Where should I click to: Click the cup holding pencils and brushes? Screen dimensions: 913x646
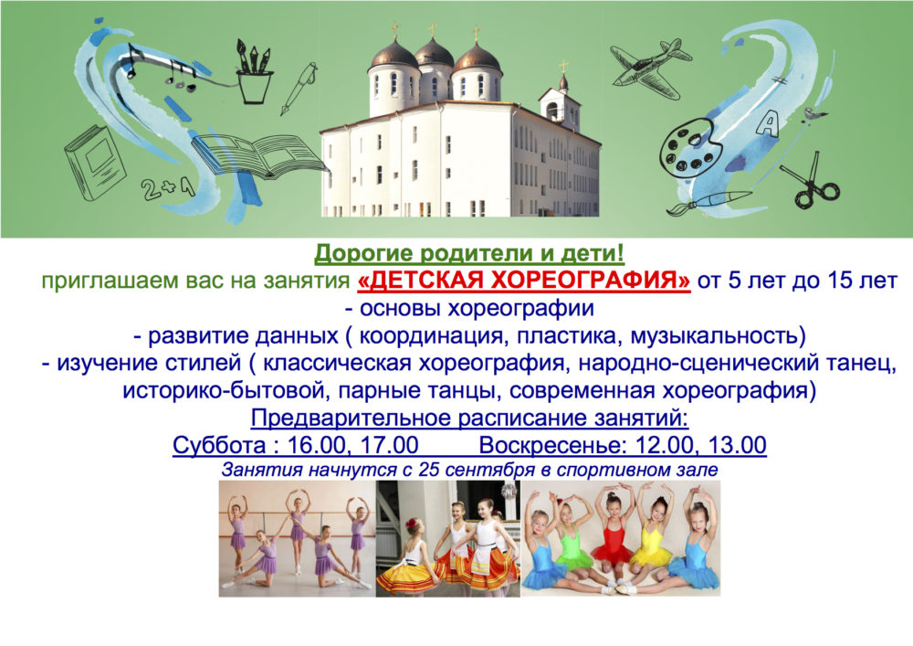pos(254,72)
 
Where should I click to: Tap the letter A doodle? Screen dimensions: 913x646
pos(769,123)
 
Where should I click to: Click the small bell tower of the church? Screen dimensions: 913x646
pos(561,102)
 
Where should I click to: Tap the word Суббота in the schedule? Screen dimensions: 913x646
pos(219,446)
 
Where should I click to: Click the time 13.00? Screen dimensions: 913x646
pos(736,446)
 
